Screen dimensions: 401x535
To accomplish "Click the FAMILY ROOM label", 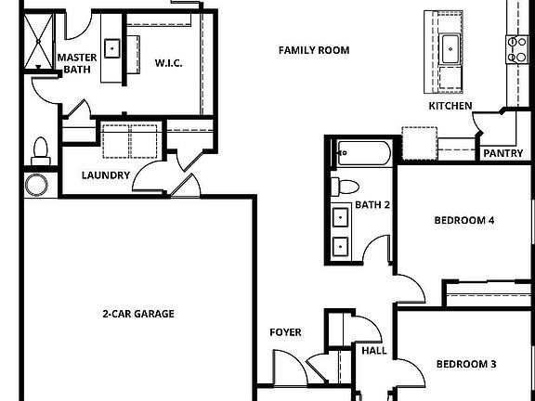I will [314, 50].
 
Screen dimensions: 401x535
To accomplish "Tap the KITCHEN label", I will [450, 106].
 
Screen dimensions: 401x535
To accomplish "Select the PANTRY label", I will [503, 154].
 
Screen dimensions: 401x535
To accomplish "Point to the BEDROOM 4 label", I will [464, 221].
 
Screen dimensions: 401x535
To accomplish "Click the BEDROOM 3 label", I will [465, 364].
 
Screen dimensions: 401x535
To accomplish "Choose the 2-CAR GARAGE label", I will [137, 314].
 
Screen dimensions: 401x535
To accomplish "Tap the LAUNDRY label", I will [105, 175].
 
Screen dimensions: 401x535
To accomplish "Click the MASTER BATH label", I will [77, 63].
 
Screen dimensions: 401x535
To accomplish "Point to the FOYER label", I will [284, 332].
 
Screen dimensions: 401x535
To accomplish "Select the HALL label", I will [374, 351].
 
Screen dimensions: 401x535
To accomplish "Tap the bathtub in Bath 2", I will [363, 152].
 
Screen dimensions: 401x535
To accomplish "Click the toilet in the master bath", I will [39, 149].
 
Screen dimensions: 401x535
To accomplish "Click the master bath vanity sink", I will [112, 46].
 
